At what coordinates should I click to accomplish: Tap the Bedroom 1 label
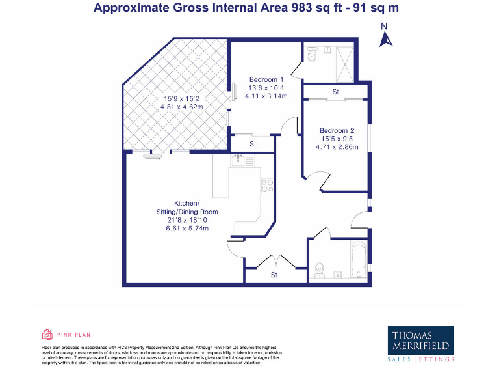tap(266, 80)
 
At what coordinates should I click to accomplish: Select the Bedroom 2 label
tap(337, 130)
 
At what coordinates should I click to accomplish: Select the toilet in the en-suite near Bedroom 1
tap(314, 53)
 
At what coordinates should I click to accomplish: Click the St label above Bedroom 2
tap(336, 92)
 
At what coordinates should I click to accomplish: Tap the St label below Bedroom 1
tap(253, 144)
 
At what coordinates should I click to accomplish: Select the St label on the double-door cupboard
tap(274, 275)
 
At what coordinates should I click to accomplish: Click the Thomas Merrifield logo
tap(420, 339)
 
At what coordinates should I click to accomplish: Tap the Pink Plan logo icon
tap(47, 335)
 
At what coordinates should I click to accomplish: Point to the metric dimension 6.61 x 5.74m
tap(187, 229)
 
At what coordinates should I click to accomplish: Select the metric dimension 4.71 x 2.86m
tap(337, 147)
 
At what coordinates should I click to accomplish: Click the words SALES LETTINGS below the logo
tap(420, 359)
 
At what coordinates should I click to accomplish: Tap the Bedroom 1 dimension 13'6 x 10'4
tap(266, 88)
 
